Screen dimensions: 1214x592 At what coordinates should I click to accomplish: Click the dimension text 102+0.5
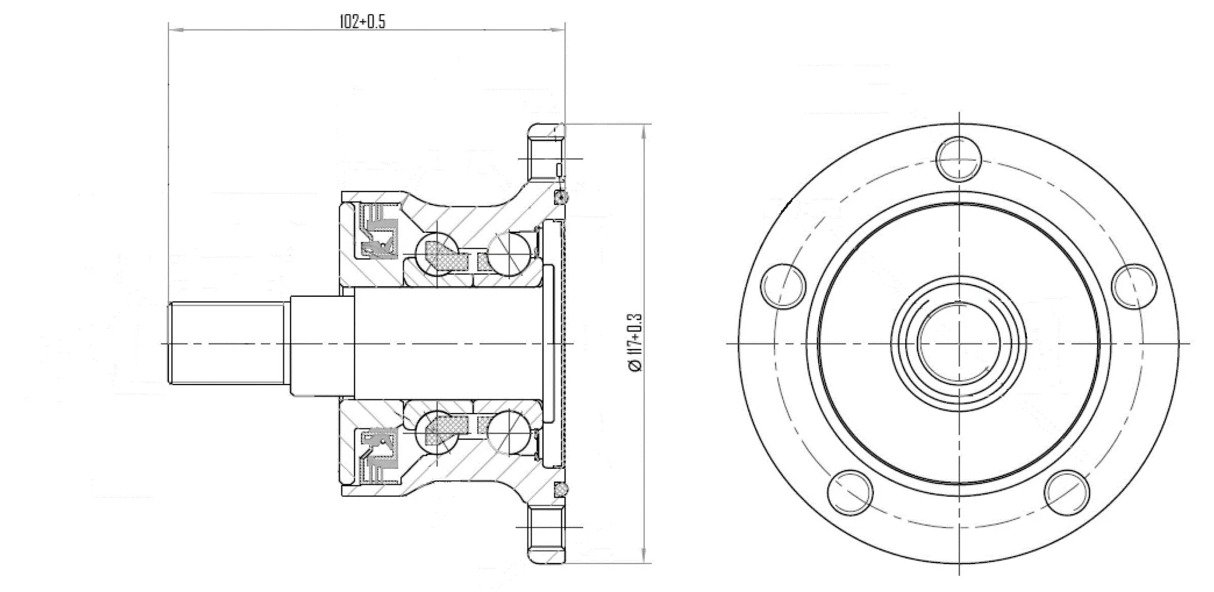point(362,22)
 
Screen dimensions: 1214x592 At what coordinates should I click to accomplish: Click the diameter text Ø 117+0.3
point(635,343)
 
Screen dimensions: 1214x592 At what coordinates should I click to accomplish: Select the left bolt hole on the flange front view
point(784,286)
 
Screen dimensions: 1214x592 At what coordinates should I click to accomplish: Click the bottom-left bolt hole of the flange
point(851,493)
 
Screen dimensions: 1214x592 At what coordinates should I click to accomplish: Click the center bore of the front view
point(959,343)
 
